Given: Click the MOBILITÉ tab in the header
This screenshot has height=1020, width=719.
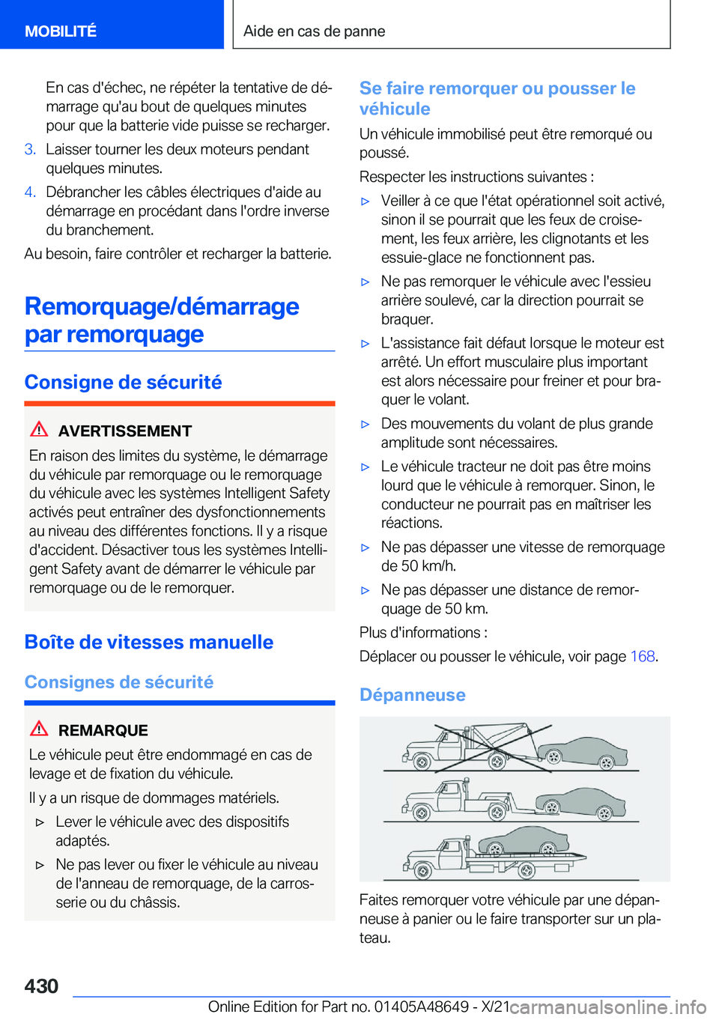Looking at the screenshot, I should pos(61,31).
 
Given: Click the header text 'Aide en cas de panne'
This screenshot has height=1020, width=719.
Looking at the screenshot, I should pos(314,31).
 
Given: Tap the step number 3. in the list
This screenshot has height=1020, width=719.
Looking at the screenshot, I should pos(30,149).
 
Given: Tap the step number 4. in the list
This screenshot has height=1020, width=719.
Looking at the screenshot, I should pos(30,192).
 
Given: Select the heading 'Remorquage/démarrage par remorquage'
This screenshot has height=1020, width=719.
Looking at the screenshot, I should pos(162,320).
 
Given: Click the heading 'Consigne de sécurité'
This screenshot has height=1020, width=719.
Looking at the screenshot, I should pos(124,382).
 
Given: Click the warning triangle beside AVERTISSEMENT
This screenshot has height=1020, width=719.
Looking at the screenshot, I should pos(39,430).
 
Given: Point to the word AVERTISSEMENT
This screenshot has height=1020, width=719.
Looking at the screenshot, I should pos(125,431).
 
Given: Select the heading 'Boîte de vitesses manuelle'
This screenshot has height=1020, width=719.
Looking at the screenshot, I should pos(149,642).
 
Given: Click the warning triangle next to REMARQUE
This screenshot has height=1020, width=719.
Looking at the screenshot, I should pos(39,729).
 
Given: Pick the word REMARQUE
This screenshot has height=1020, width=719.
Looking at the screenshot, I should pos(103,730).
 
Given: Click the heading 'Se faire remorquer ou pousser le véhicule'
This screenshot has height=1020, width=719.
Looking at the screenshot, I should pos(497,98).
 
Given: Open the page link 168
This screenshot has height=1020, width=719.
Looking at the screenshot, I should pos(643,656).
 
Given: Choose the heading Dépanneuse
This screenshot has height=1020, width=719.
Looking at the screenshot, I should pos(413,695).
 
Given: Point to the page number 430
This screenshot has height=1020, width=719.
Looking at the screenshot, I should pos(41,986).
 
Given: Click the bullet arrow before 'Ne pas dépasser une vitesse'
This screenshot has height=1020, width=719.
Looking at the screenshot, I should pos(365,547).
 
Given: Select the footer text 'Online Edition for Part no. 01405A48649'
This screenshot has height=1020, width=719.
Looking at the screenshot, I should pos(339,1007).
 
